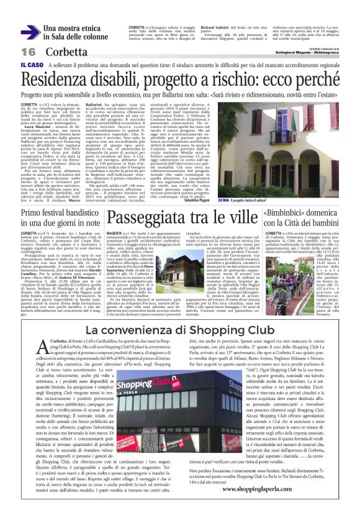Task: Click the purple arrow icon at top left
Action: pos(30,32)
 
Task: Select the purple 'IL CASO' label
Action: pos(31,65)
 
